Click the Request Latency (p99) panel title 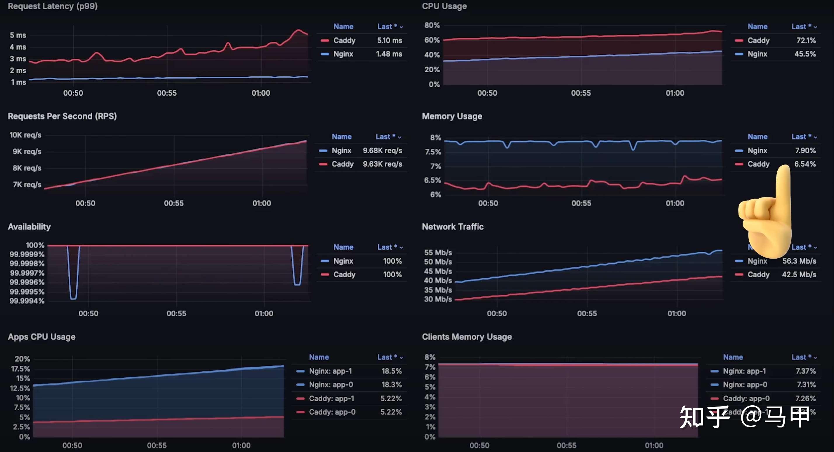53,6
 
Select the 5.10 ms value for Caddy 389,41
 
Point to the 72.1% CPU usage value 806,41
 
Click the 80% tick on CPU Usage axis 432,25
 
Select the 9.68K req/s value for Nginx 382,151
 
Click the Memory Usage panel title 452,116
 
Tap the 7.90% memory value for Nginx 805,151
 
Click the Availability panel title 29,227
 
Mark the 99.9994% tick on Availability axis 27,301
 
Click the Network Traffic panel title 452,227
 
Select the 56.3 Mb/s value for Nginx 799,261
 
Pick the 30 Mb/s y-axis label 438,299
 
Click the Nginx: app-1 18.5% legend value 391,371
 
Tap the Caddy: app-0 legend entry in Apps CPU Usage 332,412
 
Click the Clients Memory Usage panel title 467,337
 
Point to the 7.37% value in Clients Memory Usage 805,371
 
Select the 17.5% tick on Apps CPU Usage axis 20,369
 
